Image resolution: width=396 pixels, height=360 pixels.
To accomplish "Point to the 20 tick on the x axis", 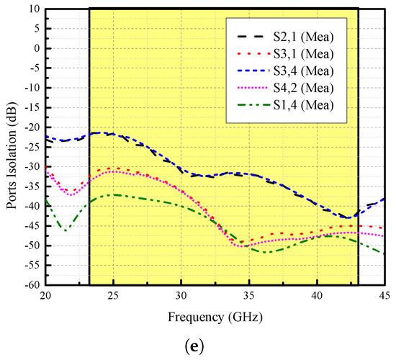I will tap(45, 296).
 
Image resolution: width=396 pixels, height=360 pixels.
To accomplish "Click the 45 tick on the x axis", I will tap(384, 296).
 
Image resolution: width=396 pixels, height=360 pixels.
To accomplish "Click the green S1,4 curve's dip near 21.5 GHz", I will tap(66, 230).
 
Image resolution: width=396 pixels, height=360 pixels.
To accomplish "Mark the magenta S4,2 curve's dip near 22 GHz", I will tap(70, 195).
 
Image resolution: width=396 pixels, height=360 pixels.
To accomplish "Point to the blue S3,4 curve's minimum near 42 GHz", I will tap(348, 217).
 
